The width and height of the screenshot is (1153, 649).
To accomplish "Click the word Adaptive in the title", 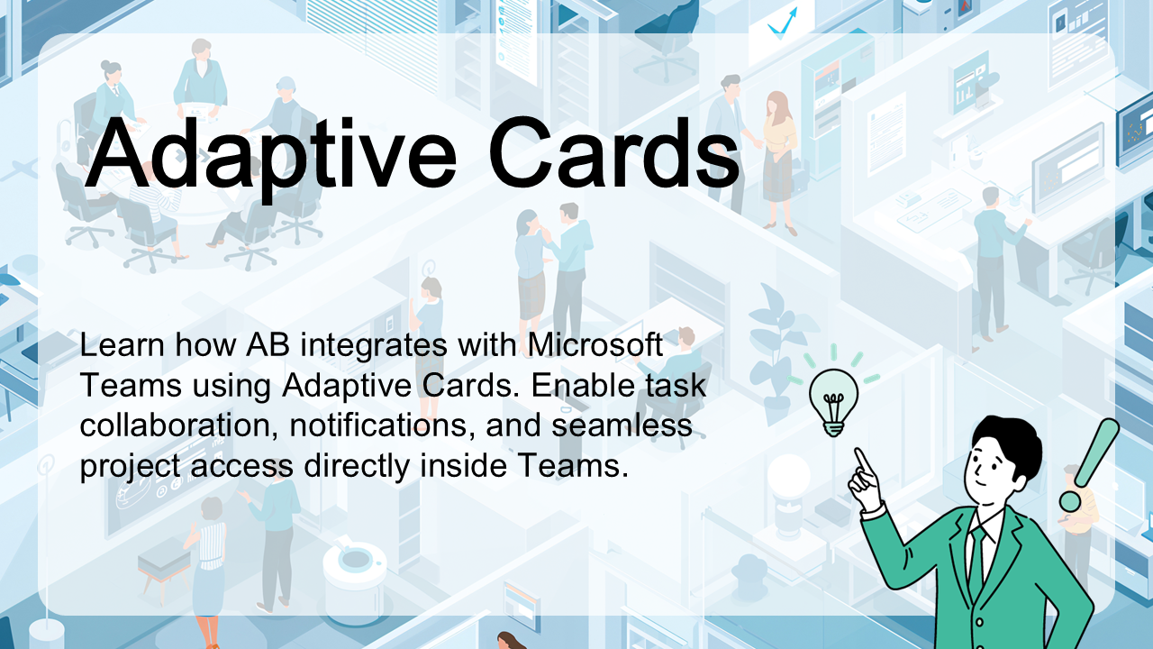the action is (x=269, y=154).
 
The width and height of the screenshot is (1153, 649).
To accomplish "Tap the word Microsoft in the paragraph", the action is (x=595, y=344).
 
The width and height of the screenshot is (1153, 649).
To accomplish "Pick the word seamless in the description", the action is (x=622, y=425).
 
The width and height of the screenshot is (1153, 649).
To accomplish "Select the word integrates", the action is (x=374, y=346).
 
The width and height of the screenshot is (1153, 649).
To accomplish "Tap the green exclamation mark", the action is (x=1089, y=464).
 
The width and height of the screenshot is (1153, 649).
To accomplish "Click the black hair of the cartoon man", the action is (x=1008, y=442).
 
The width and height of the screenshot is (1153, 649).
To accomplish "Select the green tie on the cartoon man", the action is (x=976, y=556).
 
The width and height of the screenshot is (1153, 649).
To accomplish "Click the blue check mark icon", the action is (x=783, y=23).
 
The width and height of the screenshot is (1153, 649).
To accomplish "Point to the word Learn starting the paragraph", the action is (x=122, y=344).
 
